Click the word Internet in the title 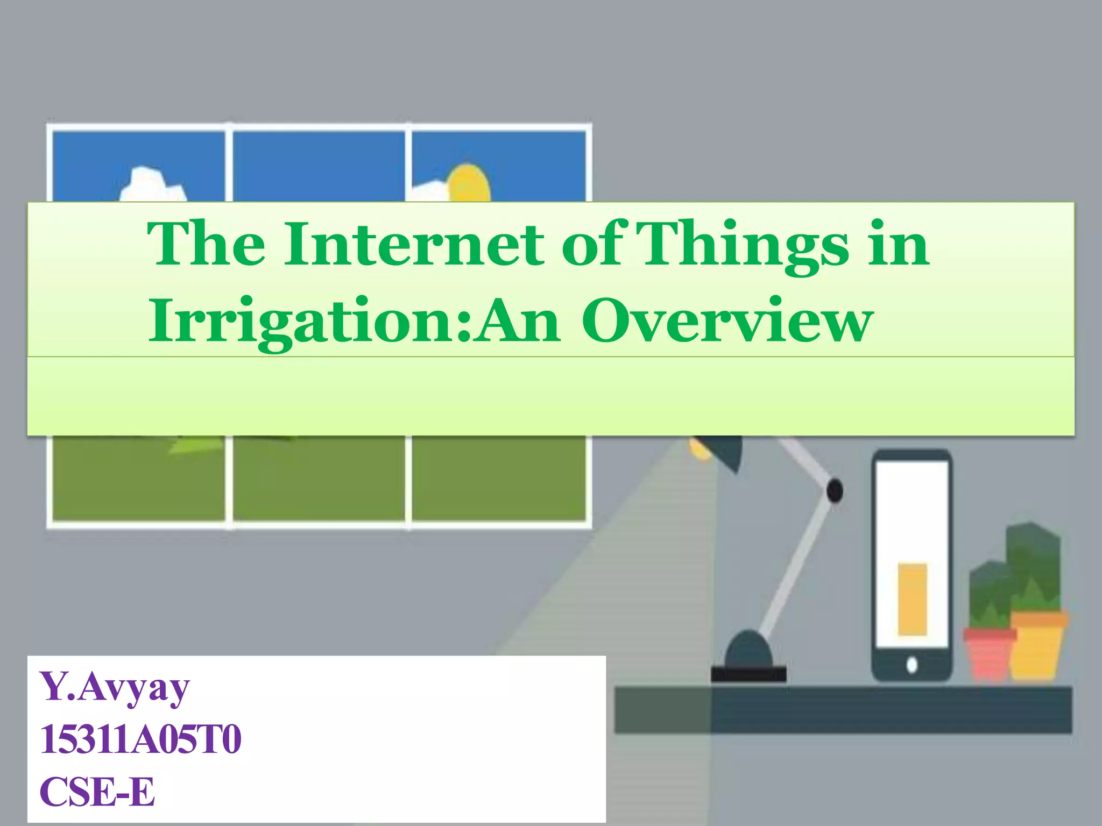point(414,245)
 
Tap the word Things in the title point(745,245)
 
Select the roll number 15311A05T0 point(140,740)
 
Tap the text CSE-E point(97,792)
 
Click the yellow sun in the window point(469,183)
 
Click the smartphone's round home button point(912,665)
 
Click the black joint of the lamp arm point(834,490)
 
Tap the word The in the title point(207,245)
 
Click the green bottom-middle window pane point(319,479)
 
